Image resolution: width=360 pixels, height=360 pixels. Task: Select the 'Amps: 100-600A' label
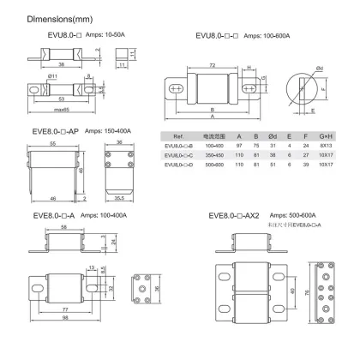coord(270,35)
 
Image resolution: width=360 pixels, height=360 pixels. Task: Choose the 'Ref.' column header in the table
coord(179,137)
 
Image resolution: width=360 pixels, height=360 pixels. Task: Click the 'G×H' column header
coord(327,137)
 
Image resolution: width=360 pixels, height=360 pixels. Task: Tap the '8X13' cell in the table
coord(327,147)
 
